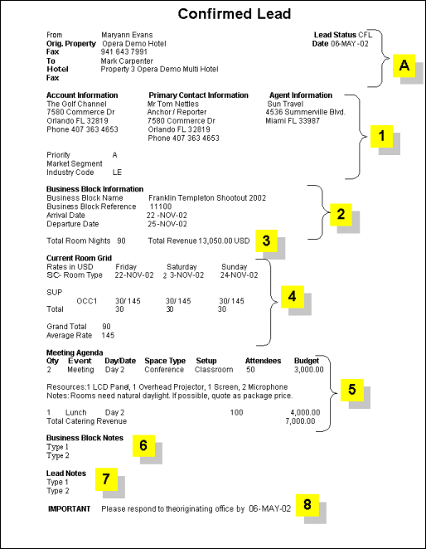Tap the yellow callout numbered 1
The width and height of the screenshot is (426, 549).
(381, 136)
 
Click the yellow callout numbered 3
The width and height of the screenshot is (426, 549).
(266, 240)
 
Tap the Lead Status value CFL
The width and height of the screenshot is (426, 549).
(365, 35)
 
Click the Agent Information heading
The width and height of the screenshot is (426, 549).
(301, 95)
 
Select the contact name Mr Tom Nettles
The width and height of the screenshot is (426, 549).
(174, 104)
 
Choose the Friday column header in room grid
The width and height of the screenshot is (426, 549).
(126, 266)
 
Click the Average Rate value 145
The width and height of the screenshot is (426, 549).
(108, 336)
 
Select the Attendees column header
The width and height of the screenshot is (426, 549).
(264, 362)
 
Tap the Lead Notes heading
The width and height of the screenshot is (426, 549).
(67, 473)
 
